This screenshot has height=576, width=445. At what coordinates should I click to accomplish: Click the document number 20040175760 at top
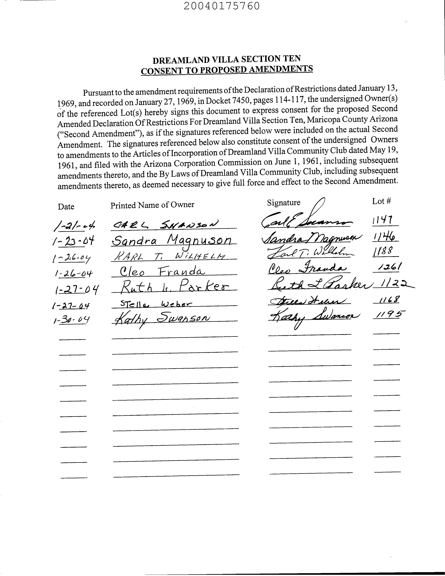pos(222,6)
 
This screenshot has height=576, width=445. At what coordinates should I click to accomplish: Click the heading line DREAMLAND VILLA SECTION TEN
pos(227,60)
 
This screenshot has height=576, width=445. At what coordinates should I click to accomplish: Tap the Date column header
pos(66,207)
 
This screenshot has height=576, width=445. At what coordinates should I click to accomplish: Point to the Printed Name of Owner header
pos(152,205)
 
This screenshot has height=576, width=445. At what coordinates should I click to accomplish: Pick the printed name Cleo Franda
pos(162,271)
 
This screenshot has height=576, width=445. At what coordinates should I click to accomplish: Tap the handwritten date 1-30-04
pos(71,320)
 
